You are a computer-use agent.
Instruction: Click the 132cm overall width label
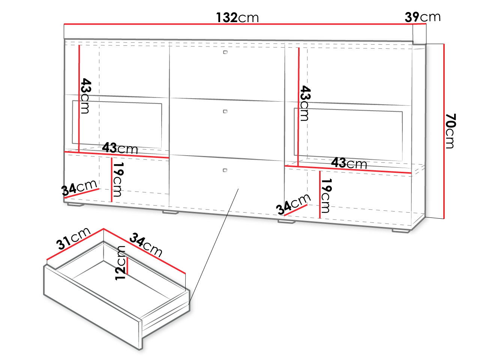click(x=237, y=18)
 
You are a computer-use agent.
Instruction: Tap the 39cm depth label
click(x=423, y=17)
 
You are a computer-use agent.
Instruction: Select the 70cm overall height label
click(x=450, y=131)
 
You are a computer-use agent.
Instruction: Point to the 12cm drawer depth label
click(x=120, y=263)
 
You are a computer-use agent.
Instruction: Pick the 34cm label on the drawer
click(x=146, y=244)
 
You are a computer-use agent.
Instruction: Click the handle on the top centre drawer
click(x=225, y=52)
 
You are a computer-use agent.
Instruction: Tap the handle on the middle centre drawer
click(x=225, y=111)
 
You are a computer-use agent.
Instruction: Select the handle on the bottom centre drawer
click(x=225, y=170)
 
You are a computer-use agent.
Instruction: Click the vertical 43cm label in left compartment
click(x=86, y=96)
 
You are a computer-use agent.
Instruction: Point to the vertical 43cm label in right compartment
click(x=305, y=103)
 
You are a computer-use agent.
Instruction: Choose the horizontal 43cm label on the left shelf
click(x=120, y=148)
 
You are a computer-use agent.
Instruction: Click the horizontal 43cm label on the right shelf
click(x=349, y=163)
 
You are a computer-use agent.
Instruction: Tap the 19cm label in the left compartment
click(x=118, y=179)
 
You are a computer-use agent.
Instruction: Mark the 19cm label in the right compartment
click(x=326, y=196)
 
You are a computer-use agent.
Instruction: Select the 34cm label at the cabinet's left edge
click(x=79, y=187)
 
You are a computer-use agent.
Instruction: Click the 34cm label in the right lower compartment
click(x=293, y=204)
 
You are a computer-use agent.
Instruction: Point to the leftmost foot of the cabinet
click(x=75, y=205)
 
